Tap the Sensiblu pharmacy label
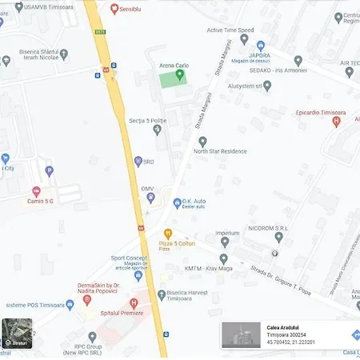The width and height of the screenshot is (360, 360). click(130, 9)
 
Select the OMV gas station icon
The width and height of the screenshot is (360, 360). click(150, 197)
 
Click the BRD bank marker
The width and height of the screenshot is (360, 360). click(138, 161)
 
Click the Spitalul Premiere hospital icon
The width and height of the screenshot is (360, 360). click(134, 303)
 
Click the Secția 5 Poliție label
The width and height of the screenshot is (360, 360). click(147, 121)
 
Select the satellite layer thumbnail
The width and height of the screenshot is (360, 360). click(17, 332)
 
